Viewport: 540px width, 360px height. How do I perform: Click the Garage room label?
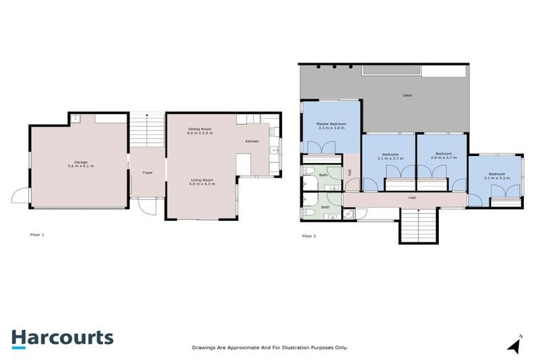pos(80,162)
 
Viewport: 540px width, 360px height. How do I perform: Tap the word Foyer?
pos(148,172)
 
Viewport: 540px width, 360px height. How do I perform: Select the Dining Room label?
pos(200,129)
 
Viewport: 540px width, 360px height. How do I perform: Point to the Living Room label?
pos(202,180)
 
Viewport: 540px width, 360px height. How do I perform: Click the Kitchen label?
pos(252,142)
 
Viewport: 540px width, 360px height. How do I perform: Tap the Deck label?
pos(407,95)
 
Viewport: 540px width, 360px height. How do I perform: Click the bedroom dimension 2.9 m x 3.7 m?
pos(442,157)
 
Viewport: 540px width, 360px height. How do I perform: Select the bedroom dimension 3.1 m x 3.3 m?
pos(496,178)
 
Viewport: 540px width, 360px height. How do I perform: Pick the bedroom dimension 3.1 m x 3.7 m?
pos(390,158)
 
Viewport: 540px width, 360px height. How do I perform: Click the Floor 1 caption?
pos(37,235)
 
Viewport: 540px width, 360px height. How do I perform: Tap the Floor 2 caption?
pos(309,236)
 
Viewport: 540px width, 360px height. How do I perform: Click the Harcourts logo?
pos(62,337)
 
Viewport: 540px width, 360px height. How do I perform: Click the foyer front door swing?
pos(146,207)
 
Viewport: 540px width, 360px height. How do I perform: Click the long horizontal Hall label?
pos(412,198)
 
